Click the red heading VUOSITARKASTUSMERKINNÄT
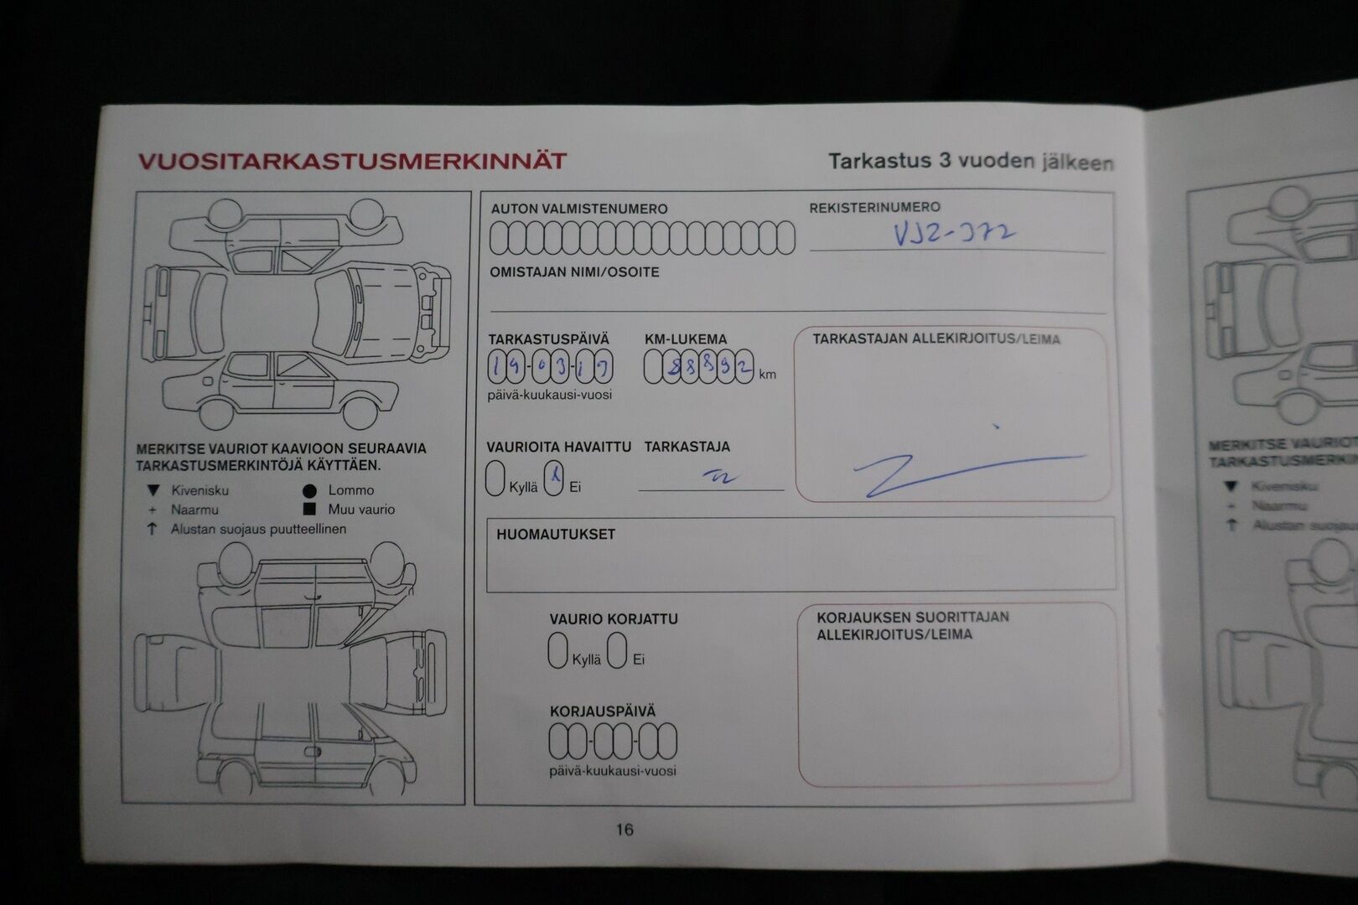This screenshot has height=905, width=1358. coord(352,161)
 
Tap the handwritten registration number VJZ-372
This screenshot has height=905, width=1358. coord(954,234)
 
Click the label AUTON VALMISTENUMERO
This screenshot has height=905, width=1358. coord(579,209)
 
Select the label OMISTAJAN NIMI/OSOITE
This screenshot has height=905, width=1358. coord(574,272)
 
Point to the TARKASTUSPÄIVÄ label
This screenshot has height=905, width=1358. coord(549,339)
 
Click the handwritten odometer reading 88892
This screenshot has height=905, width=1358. coord(699,367)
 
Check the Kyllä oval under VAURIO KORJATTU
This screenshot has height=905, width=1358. coord(557,650)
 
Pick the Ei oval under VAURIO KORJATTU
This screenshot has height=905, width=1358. coord(618,650)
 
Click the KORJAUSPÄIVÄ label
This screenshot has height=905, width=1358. coord(603,711)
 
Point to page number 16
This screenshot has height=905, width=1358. coord(625,830)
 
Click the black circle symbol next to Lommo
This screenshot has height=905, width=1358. coord(310,491)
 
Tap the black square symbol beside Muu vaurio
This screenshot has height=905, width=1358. coord(310,509)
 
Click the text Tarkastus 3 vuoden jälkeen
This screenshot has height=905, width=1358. coord(971,162)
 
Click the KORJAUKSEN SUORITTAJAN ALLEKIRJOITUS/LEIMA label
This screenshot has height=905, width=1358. coord(912,625)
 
